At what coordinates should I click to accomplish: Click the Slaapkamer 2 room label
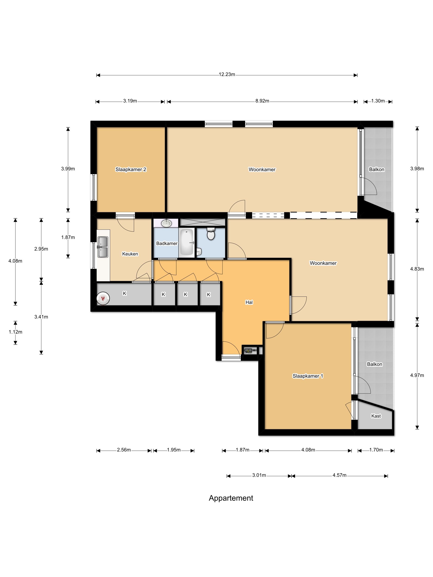131,169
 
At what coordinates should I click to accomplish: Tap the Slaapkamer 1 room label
308,376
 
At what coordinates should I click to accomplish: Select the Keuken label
130,254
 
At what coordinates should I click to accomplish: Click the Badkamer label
167,243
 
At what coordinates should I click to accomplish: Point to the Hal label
249,302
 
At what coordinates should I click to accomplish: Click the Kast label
376,416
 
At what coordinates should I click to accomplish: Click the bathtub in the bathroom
187,243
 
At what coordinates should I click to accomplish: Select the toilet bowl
211,234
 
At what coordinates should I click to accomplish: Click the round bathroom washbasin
166,223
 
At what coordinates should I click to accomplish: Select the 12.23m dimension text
227,74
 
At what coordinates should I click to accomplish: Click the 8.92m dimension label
262,101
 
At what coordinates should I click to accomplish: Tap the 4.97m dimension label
417,375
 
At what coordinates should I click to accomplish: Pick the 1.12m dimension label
15,332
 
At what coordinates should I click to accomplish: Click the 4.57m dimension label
339,475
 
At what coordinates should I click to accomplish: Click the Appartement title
231,498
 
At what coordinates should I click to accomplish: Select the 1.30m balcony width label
378,101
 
